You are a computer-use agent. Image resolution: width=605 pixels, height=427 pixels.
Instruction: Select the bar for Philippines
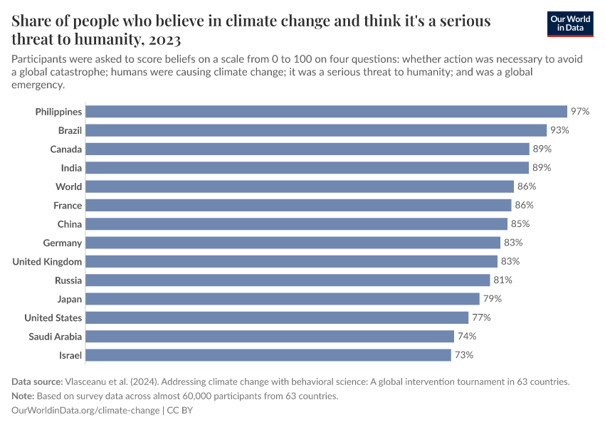[327, 112]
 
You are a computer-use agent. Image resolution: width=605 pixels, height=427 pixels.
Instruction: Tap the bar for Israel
[268, 354]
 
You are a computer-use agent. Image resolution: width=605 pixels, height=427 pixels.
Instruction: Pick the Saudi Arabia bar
[270, 336]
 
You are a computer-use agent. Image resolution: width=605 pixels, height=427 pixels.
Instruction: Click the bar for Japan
[283, 299]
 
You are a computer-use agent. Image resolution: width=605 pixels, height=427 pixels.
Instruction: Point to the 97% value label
[579, 112]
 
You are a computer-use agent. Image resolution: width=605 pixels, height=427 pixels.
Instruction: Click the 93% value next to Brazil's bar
[559, 130]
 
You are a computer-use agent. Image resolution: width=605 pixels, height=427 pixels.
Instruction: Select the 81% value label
[503, 280]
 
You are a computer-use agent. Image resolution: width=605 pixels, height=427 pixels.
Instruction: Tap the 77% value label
[481, 317]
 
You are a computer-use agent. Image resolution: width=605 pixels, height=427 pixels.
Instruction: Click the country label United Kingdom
[47, 261]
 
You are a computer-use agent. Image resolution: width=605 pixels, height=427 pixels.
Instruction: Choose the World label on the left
[68, 186]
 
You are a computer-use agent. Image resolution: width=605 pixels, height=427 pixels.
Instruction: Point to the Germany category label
[63, 243]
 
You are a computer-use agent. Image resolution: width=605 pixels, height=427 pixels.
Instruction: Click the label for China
[70, 224]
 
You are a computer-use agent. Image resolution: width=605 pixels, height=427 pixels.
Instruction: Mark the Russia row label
[68, 280]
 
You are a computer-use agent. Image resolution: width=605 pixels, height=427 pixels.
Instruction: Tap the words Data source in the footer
[37, 381]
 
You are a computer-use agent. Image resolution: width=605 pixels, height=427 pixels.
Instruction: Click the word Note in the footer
[23, 396]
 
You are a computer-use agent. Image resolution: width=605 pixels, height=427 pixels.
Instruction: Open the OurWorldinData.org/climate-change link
[86, 411]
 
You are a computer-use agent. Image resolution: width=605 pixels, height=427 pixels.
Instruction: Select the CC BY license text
[180, 411]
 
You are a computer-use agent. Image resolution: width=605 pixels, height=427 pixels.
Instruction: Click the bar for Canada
[307, 149]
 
